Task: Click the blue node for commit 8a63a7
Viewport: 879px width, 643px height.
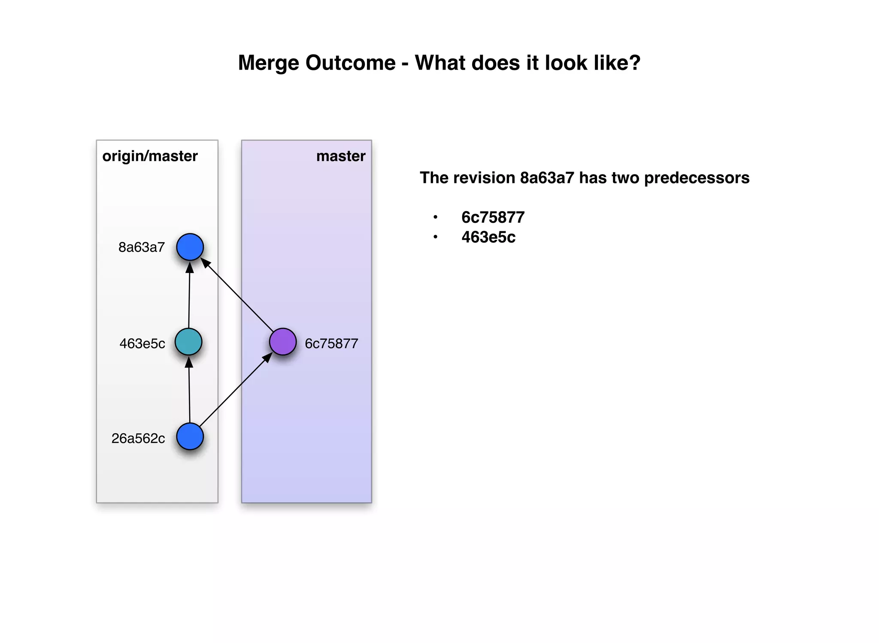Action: [190, 247]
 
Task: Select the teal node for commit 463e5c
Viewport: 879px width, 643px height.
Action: [188, 342]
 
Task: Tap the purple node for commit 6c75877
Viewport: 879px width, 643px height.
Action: [283, 342]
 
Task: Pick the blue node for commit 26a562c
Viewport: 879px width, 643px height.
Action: [190, 437]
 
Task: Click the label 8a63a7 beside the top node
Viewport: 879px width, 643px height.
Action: [142, 247]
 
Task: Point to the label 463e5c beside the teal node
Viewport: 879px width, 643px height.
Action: [142, 343]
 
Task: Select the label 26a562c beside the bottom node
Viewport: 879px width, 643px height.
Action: [138, 438]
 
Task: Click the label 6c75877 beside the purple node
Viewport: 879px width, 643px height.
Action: [331, 343]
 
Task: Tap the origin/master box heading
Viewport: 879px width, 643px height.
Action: [150, 156]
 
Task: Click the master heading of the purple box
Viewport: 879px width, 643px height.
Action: [341, 156]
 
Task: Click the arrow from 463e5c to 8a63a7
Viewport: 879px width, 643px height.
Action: [189, 296]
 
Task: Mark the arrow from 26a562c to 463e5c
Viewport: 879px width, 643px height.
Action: [189, 391]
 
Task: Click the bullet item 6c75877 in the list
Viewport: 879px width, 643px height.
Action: [493, 217]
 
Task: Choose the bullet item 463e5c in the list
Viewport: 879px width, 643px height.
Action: [488, 237]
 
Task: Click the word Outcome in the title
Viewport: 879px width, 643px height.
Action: [350, 63]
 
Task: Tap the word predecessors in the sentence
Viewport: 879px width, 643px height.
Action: [697, 178]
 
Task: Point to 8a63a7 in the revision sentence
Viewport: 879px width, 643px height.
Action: [547, 178]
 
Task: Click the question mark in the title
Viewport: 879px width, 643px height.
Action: [634, 63]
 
